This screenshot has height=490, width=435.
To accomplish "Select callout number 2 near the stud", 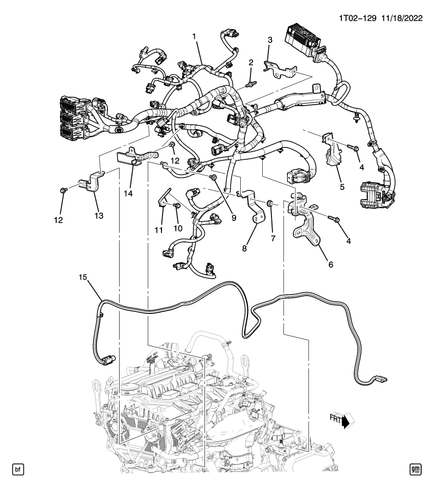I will click(251, 62).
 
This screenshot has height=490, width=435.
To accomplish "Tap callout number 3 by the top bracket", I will click(270, 39).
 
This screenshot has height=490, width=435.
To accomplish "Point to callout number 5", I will click(341, 186).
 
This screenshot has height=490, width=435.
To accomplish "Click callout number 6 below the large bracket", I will click(330, 265).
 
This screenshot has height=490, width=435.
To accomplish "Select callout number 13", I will click(98, 215).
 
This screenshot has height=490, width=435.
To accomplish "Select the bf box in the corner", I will click(17, 469).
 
